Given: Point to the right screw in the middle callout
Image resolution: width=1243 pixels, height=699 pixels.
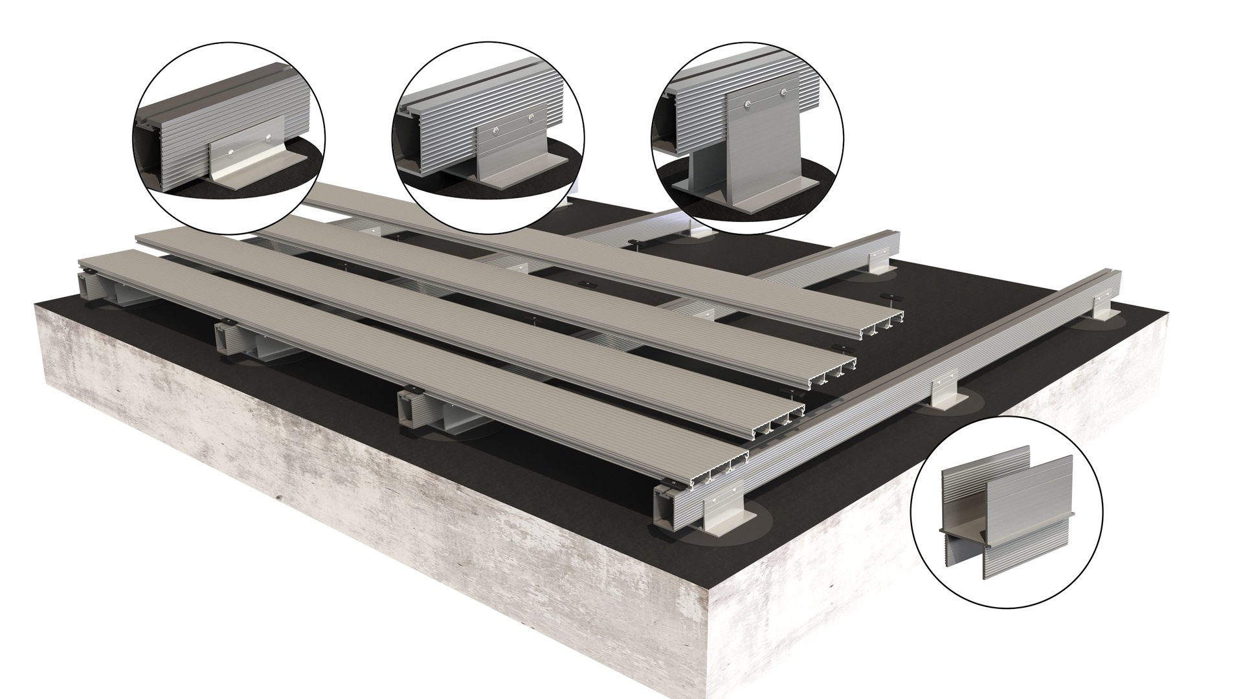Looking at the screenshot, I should point(532,117).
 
